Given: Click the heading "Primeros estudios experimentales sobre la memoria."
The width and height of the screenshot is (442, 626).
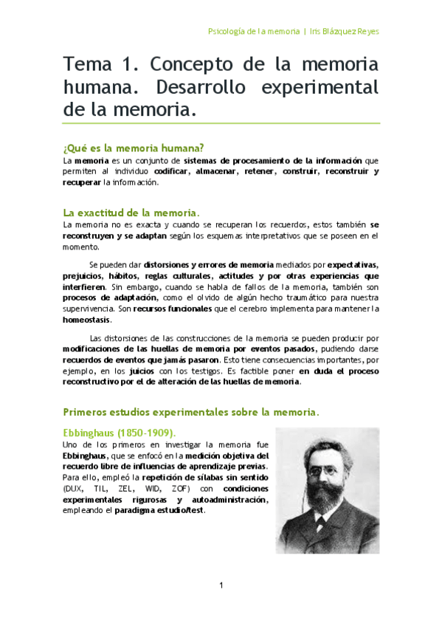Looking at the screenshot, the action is tap(191, 410).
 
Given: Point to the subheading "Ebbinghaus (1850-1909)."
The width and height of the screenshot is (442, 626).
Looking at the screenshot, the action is tap(120, 432).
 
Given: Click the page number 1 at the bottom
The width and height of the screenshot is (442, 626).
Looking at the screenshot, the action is tap(221, 585).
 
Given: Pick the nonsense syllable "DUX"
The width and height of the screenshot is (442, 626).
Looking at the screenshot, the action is tap(74, 489).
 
